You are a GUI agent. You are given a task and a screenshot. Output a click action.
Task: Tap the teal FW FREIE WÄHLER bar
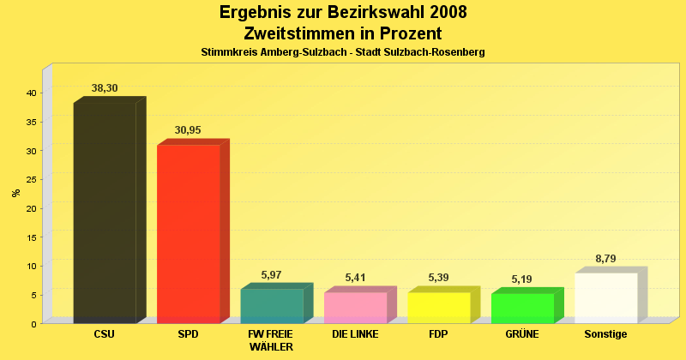click(x=272, y=306)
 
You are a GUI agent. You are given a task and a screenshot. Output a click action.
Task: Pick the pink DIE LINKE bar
click(x=355, y=308)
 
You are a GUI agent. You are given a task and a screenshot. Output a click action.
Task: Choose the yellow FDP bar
click(x=439, y=308)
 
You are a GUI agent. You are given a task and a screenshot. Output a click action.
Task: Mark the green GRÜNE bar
click(x=522, y=309)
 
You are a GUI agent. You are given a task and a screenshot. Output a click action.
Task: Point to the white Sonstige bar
click(x=605, y=298)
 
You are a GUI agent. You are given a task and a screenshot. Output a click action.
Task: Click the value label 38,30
click(x=105, y=88)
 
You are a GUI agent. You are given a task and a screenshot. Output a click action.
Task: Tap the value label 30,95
click(x=188, y=130)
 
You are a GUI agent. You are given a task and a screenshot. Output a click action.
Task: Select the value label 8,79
click(x=605, y=258)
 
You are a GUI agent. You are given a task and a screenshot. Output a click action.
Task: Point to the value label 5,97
click(x=272, y=275)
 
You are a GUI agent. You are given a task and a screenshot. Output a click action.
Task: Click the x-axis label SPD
click(x=188, y=334)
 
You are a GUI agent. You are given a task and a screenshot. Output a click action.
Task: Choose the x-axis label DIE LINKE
click(x=355, y=334)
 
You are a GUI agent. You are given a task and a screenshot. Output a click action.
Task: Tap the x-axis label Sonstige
click(x=605, y=334)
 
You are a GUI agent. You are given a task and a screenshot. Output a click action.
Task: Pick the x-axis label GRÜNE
click(x=522, y=334)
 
